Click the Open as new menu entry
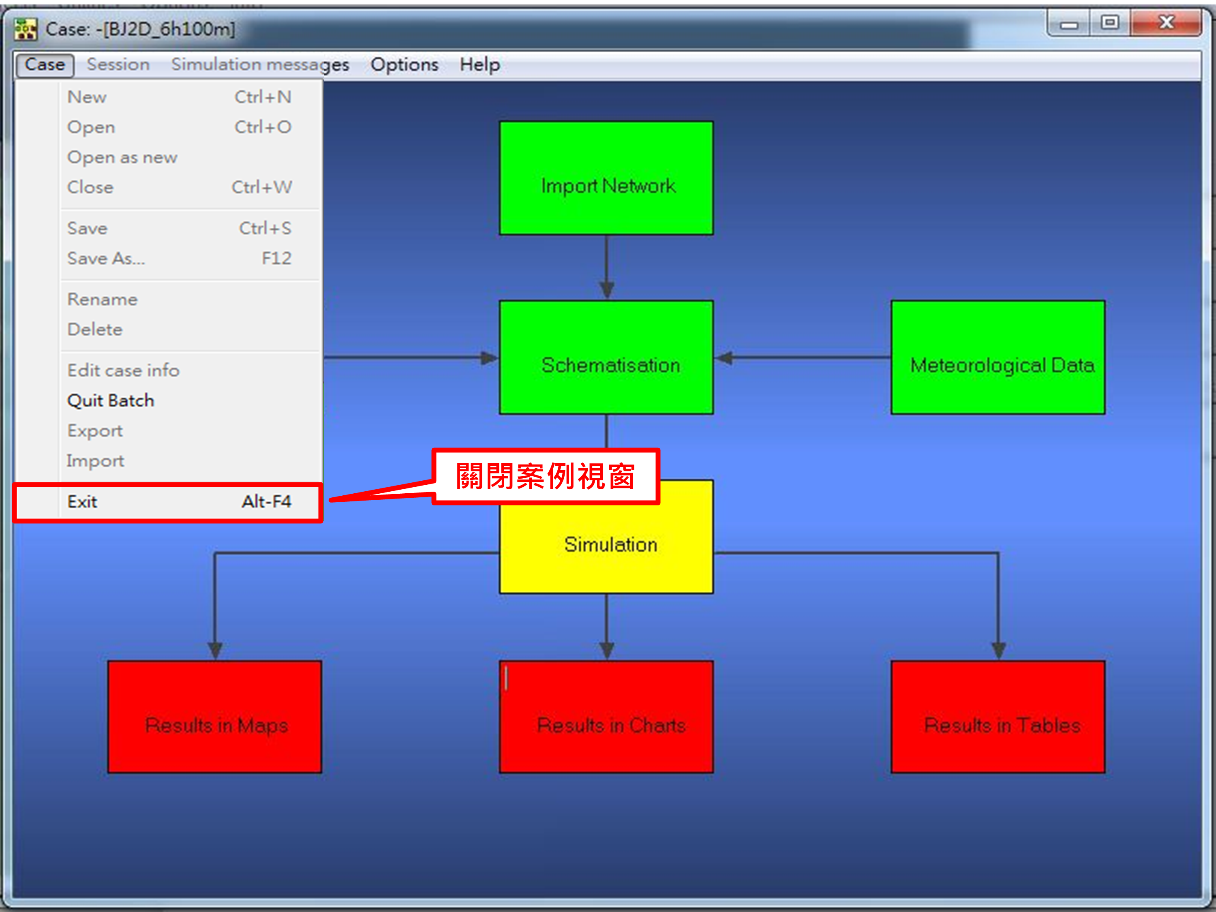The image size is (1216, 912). (x=122, y=158)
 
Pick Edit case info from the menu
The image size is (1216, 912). (x=123, y=370)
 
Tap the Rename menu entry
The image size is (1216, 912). (x=102, y=300)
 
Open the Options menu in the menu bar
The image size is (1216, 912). (x=405, y=65)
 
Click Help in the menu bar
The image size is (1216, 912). (x=480, y=65)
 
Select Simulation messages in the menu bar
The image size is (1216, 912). (x=260, y=65)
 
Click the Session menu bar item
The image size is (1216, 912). (x=118, y=65)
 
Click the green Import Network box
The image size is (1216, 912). (x=606, y=178)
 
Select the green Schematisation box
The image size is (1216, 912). (x=606, y=358)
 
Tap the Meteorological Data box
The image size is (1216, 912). (x=998, y=358)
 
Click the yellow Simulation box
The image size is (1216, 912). (x=606, y=544)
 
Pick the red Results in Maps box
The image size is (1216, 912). (x=215, y=717)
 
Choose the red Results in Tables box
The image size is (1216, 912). (x=998, y=717)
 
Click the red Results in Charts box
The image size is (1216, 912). (x=606, y=717)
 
